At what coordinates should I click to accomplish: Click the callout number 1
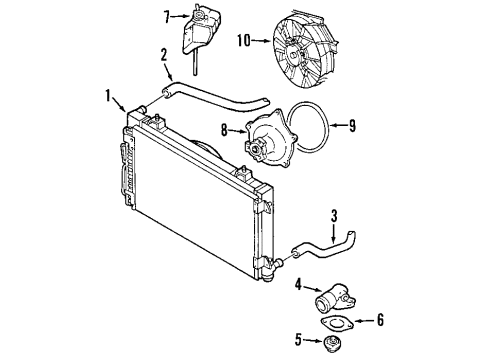pyautogui.click(x=107, y=96)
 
